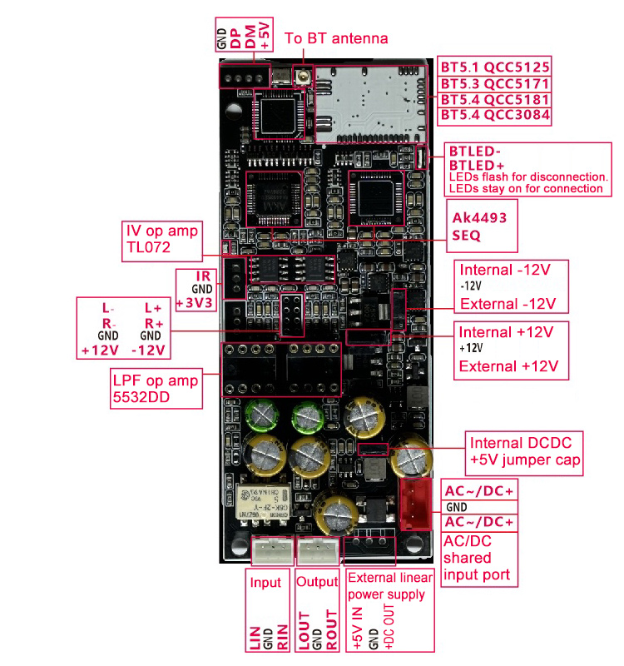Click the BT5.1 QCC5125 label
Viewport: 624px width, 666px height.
click(x=494, y=67)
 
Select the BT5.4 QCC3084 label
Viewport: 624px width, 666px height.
click(x=494, y=115)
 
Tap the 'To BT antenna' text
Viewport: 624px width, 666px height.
click(x=336, y=38)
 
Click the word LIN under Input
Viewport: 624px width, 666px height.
click(x=255, y=634)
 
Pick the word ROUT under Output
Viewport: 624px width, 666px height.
click(x=331, y=633)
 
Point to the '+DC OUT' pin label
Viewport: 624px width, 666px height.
click(x=388, y=629)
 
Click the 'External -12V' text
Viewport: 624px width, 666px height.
click(x=509, y=302)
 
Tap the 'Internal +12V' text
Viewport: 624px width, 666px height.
click(x=506, y=331)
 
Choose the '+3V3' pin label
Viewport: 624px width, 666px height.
click(x=196, y=302)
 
